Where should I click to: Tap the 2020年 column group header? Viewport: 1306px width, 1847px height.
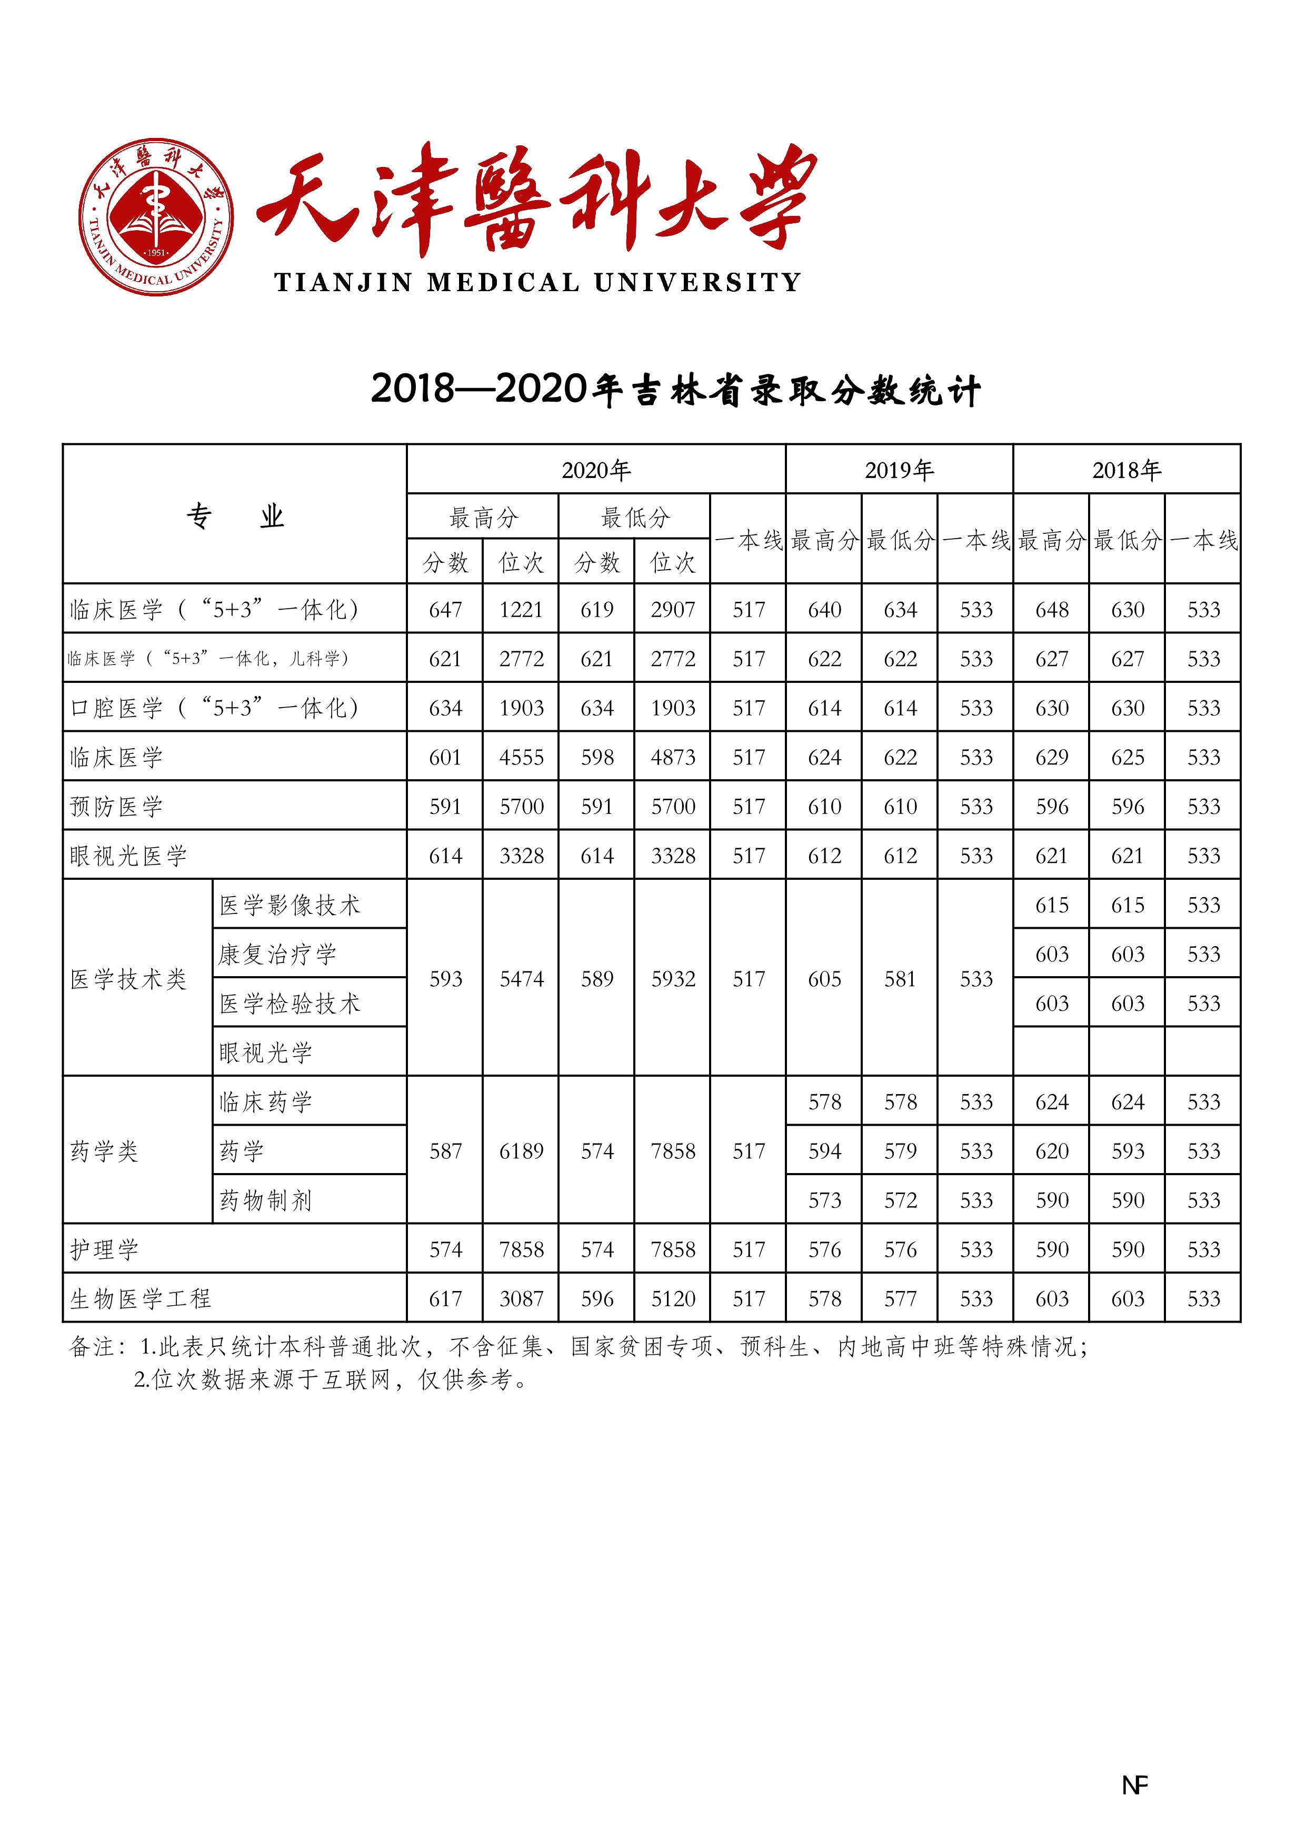click(x=596, y=470)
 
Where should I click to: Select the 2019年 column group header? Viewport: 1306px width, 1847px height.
click(x=899, y=470)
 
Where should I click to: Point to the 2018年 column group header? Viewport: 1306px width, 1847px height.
click(x=1126, y=470)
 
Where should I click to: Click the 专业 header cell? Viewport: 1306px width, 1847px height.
click(x=235, y=515)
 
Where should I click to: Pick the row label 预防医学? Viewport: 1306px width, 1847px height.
click(x=117, y=806)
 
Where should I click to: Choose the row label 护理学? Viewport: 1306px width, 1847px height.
click(x=105, y=1249)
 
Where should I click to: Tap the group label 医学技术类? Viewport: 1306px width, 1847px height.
click(x=128, y=979)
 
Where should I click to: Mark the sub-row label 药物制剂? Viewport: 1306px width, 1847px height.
click(x=265, y=1200)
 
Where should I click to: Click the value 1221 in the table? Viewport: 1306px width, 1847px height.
click(x=521, y=610)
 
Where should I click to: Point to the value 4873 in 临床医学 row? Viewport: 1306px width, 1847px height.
click(x=673, y=757)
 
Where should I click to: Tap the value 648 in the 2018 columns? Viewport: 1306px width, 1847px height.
click(x=1052, y=610)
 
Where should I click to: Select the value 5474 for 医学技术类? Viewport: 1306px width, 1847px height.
click(x=521, y=979)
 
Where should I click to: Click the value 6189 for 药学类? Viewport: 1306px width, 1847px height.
click(x=521, y=1151)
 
